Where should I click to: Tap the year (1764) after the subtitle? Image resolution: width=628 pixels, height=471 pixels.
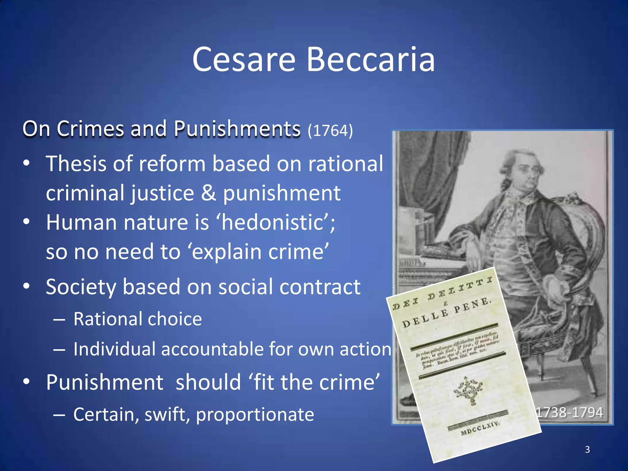[x=330, y=131]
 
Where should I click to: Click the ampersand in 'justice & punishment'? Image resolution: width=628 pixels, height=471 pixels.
[x=209, y=193]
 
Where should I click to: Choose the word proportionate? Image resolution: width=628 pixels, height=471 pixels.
[x=255, y=415]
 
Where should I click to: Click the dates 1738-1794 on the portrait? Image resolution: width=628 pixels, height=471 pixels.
[x=569, y=412]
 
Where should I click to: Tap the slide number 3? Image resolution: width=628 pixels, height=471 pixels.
[x=587, y=450]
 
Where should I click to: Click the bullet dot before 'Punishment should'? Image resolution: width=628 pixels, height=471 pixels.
[x=27, y=382]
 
